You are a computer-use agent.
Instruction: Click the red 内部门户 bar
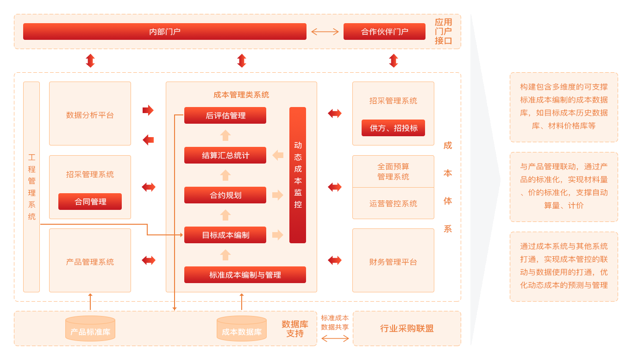(165, 32)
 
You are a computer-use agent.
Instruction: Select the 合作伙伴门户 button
(384, 32)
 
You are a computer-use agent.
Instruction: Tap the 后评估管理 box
(225, 115)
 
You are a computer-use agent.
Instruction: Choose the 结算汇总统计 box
(225, 155)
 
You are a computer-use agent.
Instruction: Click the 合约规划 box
(225, 195)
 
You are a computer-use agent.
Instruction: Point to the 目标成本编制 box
(225, 235)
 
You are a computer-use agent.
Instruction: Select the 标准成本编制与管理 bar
(245, 275)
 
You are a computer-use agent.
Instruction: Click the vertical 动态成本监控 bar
(298, 175)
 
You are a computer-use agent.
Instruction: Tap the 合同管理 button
(90, 202)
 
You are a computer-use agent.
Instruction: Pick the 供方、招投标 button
(393, 128)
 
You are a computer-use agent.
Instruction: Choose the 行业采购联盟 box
(407, 328)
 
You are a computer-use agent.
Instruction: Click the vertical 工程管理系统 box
(31, 187)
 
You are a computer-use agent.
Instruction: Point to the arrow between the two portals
(325, 32)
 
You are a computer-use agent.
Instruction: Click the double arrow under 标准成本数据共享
(335, 339)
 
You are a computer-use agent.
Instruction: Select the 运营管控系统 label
(393, 203)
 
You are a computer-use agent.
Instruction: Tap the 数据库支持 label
(295, 328)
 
